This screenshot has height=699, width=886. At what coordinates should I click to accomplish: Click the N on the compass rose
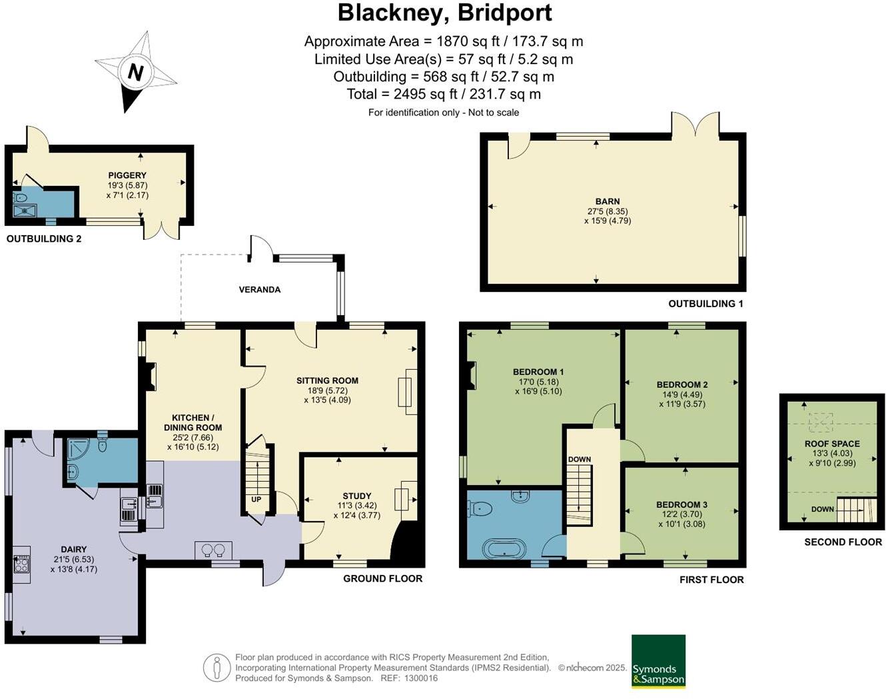[135, 72]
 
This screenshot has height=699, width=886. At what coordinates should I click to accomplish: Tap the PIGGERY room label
[127, 175]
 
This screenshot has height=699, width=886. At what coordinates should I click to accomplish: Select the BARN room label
[608, 201]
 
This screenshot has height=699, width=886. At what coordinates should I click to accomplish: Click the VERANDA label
[260, 290]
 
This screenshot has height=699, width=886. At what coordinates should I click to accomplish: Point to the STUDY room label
[357, 496]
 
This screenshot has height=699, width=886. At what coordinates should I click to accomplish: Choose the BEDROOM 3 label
[681, 504]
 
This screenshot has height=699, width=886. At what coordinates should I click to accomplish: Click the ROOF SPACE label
[832, 444]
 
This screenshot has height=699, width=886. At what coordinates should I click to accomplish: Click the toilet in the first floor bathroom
[481, 509]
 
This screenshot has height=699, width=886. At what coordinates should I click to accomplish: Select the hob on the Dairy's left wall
[21, 564]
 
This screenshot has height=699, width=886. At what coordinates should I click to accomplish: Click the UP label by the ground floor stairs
[256, 499]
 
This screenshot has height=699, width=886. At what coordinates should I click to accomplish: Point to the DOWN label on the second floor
[823, 509]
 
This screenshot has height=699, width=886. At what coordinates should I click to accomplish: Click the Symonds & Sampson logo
[658, 661]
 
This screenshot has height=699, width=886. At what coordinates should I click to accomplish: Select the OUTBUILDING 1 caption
[705, 304]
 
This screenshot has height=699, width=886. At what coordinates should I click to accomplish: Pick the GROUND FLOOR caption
[382, 578]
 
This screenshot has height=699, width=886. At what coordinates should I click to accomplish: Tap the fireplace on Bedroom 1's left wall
[472, 375]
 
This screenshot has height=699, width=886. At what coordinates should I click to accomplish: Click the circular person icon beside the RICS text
[217, 668]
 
